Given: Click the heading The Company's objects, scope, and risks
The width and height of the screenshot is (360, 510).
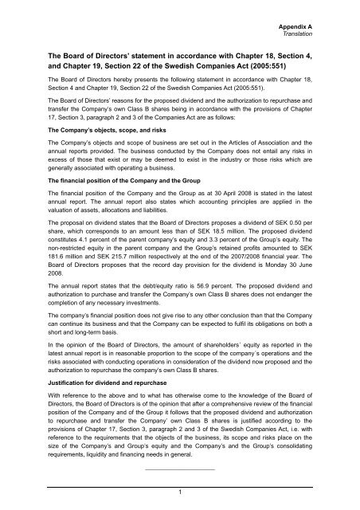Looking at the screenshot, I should (x=104, y=151).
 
